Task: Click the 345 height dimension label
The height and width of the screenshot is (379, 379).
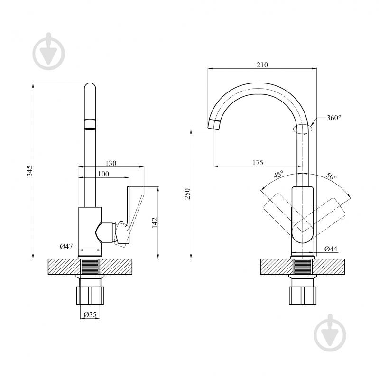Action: tap(29, 171)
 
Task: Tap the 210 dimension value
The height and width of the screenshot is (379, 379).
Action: tap(262, 65)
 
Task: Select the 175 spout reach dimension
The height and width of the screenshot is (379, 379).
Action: tap(258, 162)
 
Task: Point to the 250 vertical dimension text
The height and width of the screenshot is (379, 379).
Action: tap(187, 194)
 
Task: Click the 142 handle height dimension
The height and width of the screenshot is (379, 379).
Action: tap(155, 222)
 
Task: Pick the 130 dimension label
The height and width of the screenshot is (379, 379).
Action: tap(111, 163)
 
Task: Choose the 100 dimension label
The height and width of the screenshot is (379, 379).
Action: tap(103, 174)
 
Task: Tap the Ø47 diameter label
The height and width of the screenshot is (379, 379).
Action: tap(66, 246)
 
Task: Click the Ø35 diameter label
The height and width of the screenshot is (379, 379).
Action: tap(90, 314)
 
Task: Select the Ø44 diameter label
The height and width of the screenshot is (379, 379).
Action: tap(331, 249)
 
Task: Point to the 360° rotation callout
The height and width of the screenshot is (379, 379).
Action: tap(334, 118)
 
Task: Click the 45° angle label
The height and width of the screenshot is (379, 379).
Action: tap(278, 174)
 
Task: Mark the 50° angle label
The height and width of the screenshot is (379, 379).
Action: tap(331, 176)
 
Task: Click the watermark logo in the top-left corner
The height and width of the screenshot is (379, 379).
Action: tap(49, 51)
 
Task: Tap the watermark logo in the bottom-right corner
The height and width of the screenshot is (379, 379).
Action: tap(330, 333)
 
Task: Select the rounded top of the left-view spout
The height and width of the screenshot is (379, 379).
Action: tap(90, 87)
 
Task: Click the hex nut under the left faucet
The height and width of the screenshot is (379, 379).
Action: tap(90, 296)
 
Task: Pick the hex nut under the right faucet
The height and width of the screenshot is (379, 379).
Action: tap(303, 296)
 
